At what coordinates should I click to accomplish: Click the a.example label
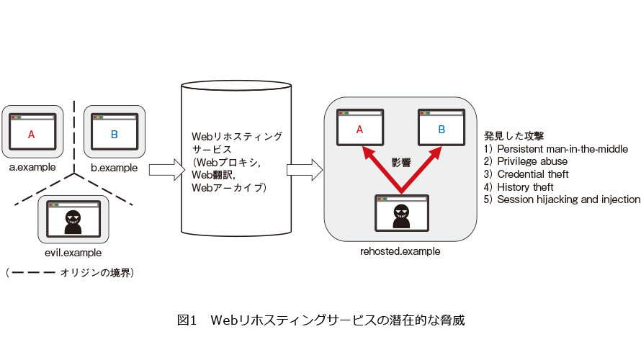32,167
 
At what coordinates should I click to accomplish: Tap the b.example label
114,168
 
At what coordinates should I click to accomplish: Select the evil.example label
73,253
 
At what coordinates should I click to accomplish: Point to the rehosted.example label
400,251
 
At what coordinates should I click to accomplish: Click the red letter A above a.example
31,135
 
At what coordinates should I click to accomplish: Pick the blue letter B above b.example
115,135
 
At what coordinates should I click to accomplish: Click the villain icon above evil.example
73,222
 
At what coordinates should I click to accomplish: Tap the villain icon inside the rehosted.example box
401,216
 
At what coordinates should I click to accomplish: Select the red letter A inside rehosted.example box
359,130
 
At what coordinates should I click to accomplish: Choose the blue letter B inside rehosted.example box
441,130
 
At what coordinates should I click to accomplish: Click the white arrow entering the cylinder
167,170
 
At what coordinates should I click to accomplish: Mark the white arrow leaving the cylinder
305,170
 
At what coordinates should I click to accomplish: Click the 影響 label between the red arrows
401,163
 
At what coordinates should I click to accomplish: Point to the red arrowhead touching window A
368,153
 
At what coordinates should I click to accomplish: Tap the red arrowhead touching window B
435,153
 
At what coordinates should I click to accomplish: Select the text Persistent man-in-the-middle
562,149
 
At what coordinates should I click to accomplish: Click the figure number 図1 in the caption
187,320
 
